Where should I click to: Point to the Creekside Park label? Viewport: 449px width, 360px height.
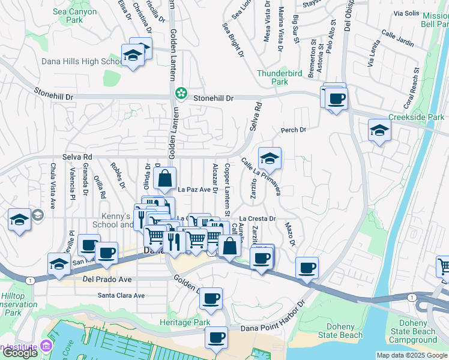click(417, 117)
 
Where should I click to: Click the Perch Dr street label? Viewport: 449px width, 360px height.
click(294, 130)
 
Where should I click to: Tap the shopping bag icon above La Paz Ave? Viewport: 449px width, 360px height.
click(164, 179)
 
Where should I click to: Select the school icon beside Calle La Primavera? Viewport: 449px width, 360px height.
click(270, 159)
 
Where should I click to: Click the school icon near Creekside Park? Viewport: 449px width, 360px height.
click(379, 130)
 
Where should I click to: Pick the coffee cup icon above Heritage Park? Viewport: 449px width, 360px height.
click(211, 298)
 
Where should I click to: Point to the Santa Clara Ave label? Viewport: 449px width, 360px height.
click(121, 295)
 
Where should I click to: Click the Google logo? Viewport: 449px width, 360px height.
click(19, 353)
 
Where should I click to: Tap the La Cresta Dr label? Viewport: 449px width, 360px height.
click(258, 219)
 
